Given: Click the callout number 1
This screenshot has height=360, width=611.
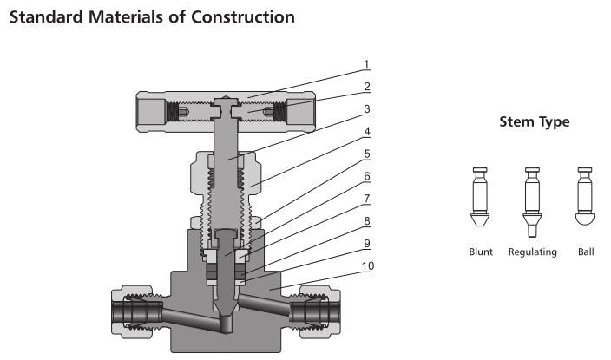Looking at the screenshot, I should click(x=366, y=64).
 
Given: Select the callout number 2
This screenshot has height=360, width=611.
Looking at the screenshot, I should click(x=366, y=87).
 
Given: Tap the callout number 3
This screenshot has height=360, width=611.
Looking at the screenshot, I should click(x=366, y=110).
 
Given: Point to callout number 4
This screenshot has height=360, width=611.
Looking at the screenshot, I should click(x=366, y=132).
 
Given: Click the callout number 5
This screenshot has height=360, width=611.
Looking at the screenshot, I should click(x=366, y=154).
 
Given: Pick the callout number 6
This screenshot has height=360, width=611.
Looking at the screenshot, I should click(x=366, y=176).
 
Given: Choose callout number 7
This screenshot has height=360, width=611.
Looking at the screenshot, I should click(x=366, y=199).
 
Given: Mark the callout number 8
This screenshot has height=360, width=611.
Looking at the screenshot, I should click(x=366, y=220).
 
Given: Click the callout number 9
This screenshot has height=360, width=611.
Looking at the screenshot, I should click(x=366, y=243).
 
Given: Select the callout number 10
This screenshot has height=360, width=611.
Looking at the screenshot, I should click(x=368, y=265).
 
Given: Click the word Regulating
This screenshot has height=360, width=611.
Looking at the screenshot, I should click(x=532, y=252).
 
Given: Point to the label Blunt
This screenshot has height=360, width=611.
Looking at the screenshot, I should click(x=478, y=252).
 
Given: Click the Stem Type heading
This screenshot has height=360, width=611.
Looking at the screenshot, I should click(x=534, y=122).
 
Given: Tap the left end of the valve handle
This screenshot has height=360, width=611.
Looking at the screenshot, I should click(x=149, y=112).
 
